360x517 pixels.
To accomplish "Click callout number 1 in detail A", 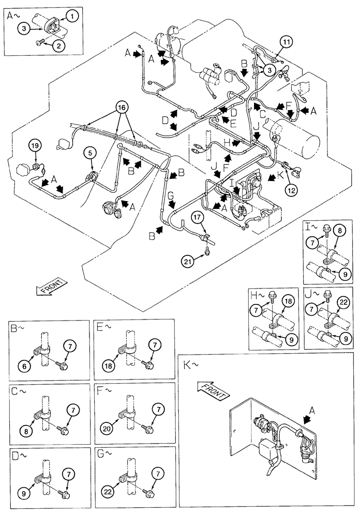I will [x=73, y=17].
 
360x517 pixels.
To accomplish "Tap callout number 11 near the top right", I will [x=288, y=40].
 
